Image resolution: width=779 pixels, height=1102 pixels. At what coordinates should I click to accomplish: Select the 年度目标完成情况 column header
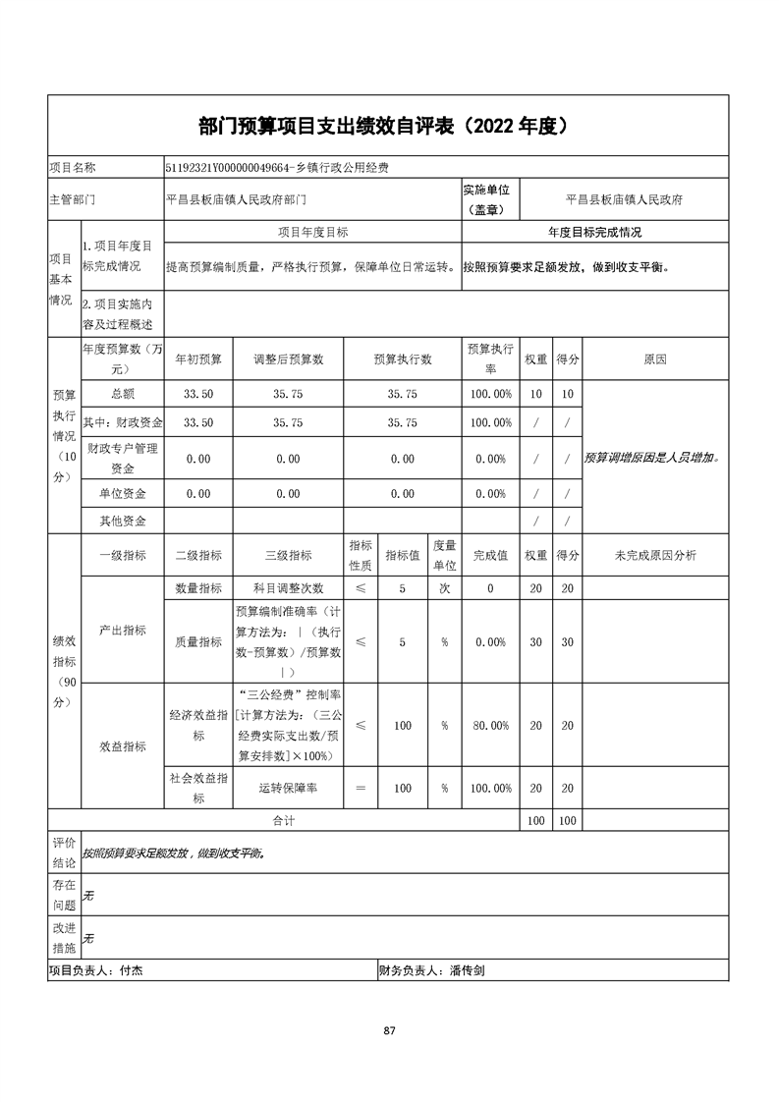coord(594,233)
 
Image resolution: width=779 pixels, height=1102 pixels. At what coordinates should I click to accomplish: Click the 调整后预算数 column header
coord(288,359)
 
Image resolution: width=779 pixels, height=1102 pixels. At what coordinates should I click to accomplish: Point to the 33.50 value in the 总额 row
coord(198,394)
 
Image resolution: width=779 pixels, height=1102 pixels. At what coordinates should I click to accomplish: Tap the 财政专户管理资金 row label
coord(123,459)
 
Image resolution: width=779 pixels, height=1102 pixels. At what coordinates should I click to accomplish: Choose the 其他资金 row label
coord(123,521)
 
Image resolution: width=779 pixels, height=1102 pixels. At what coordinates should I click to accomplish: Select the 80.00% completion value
coord(490,726)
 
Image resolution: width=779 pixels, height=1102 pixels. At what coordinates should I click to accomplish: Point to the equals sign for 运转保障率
coord(361,789)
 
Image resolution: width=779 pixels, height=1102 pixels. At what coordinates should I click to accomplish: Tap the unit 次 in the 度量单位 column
coord(445,588)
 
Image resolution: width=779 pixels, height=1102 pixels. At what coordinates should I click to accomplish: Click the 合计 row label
coord(283,819)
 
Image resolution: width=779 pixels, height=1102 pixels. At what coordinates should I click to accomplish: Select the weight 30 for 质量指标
coord(535,642)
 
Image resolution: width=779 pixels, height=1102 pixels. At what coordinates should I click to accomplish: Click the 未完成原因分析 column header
coord(655,556)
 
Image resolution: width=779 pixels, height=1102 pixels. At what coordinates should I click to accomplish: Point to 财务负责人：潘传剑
coord(431,970)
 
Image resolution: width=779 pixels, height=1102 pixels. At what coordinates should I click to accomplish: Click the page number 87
coord(389,1030)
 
